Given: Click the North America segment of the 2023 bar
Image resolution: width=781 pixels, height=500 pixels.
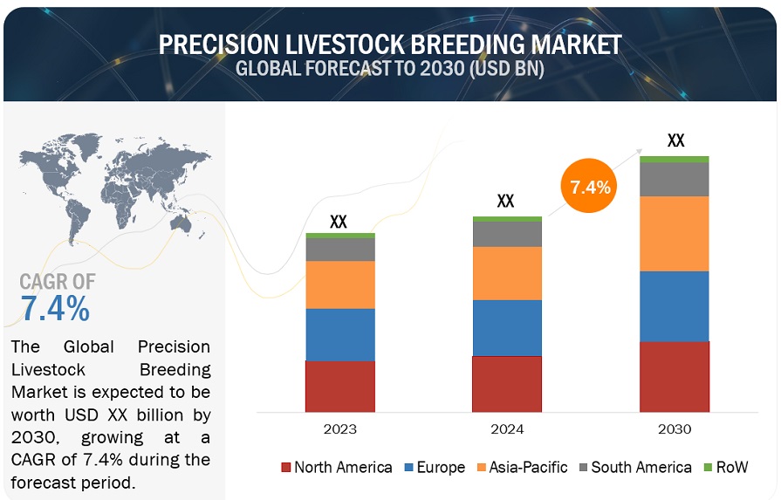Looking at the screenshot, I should pos(339,386).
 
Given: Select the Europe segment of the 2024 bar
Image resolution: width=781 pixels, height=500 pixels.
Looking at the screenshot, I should pos(507,327).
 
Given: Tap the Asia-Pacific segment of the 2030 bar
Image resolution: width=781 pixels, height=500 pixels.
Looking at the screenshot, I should pos(675,233).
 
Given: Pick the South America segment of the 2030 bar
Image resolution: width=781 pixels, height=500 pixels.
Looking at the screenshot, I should pos(675,179).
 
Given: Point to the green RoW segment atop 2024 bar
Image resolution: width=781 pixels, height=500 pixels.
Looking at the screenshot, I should pos(507,218).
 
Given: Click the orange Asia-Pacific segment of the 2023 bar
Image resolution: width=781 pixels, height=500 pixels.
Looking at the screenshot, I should pos(339,284).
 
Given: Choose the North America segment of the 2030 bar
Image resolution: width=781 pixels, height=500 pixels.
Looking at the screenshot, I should pos(675,376).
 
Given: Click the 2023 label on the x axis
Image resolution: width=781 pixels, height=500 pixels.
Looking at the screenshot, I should pos(339,429).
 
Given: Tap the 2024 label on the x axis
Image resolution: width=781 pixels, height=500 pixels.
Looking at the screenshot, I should pos(507,429).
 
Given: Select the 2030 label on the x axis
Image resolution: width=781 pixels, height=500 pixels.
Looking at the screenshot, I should pos(675,429).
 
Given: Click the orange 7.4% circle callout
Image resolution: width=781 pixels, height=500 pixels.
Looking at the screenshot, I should pos(589,186).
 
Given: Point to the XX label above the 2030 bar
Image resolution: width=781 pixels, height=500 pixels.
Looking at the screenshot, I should pos(675,140).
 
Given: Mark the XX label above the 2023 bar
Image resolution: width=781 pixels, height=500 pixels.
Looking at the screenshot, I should pos(339,222).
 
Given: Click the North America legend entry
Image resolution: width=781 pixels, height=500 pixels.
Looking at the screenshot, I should pos(336,468).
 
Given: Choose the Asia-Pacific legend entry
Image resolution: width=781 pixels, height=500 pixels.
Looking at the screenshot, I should pos(523,468).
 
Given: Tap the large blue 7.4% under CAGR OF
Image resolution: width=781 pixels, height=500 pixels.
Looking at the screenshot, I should pos(54,308).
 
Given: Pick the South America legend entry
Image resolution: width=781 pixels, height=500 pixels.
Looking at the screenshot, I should pos(633,468).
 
